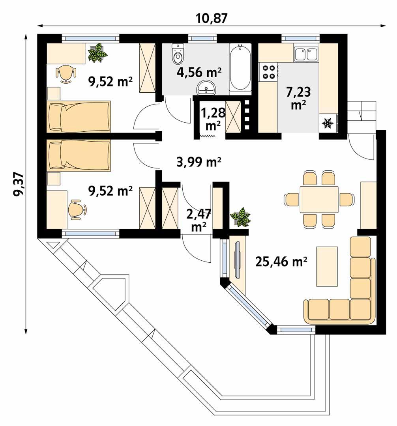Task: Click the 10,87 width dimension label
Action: (x=212, y=18)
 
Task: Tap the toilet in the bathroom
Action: (x=178, y=54)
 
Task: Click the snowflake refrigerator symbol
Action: (x=327, y=123)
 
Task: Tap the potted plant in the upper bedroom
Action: (x=97, y=53)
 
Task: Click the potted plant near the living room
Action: (x=240, y=217)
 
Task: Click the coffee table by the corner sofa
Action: (x=326, y=266)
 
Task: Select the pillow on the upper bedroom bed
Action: (x=56, y=117)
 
